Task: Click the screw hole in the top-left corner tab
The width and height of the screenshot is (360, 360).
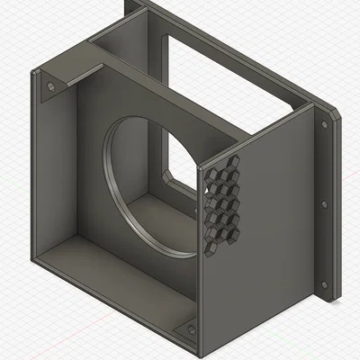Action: (x=50, y=86)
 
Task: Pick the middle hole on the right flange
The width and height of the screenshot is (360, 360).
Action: (x=324, y=204)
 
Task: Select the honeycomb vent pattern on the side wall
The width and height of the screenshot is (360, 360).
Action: (x=222, y=202)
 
